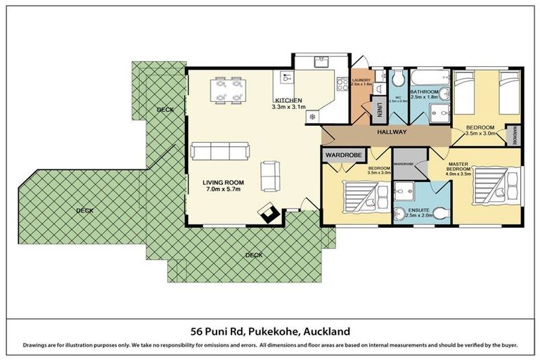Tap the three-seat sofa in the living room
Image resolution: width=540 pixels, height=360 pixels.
219,150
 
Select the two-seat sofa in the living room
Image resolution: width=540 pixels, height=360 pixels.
269,175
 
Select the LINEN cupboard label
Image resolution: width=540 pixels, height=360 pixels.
379,110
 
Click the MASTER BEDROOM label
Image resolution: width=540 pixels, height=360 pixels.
459,167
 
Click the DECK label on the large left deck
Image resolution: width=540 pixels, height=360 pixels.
84,210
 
